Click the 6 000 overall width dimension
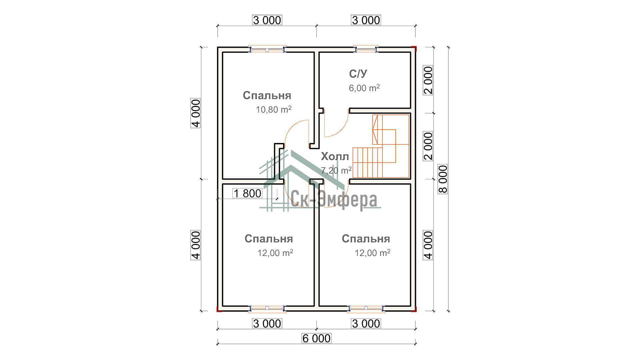coord(316,338)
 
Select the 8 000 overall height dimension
coord(443,179)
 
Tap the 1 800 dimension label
coord(247,193)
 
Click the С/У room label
coord(358,74)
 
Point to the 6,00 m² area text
coord(364,88)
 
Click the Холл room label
coord(335,156)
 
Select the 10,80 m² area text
coord(274,109)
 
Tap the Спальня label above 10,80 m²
coord(267,95)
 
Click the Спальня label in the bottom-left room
coord(269,239)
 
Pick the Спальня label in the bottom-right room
coord(366,239)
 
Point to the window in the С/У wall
coord(366,49)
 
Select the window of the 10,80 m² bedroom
coord(267,49)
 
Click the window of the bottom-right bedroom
coord(366,309)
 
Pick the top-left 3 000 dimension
coord(267,20)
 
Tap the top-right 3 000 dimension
coord(366,20)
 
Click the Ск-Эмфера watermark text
coord(334,200)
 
